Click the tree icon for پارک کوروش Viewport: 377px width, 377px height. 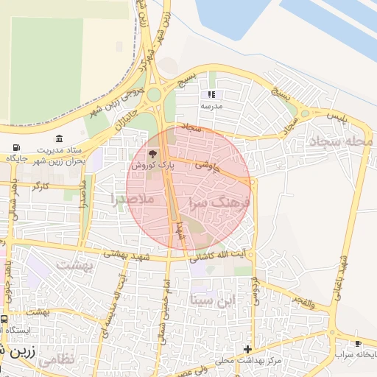click(153, 155)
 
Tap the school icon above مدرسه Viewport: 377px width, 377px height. click(212, 94)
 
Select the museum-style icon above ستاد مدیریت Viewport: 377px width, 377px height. click(59, 138)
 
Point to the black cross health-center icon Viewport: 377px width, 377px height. click(248, 349)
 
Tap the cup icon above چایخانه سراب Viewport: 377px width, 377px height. click(358, 344)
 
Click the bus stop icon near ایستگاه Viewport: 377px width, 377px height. click(4, 320)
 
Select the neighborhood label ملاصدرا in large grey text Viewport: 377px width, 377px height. click(133, 199)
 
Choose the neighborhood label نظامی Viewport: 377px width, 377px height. click(55, 361)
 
